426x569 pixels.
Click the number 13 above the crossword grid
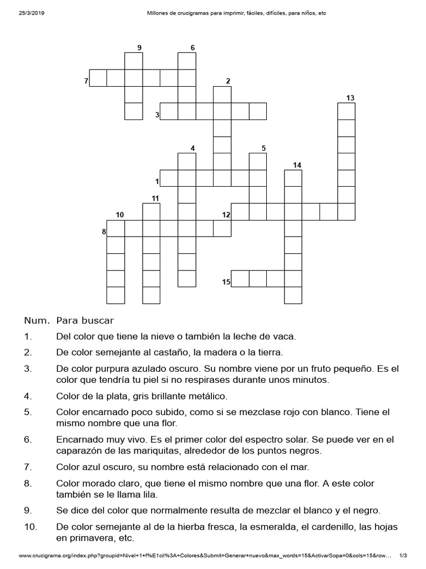pyautogui.click(x=350, y=98)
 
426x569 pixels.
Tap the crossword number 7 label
pyautogui.click(x=86, y=82)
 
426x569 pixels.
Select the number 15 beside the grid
pyautogui.click(x=226, y=282)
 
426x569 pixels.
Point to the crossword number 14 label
pyautogui.click(x=297, y=165)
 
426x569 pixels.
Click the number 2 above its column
pyautogui.click(x=227, y=81)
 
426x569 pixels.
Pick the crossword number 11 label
pyautogui.click(x=155, y=198)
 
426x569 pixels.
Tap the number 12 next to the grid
pyautogui.click(x=226, y=215)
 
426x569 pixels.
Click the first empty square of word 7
pyautogui.click(x=98, y=78)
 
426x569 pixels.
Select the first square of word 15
pyautogui.click(x=240, y=278)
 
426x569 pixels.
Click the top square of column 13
pyautogui.click(x=346, y=112)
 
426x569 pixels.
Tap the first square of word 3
pyautogui.click(x=169, y=111)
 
